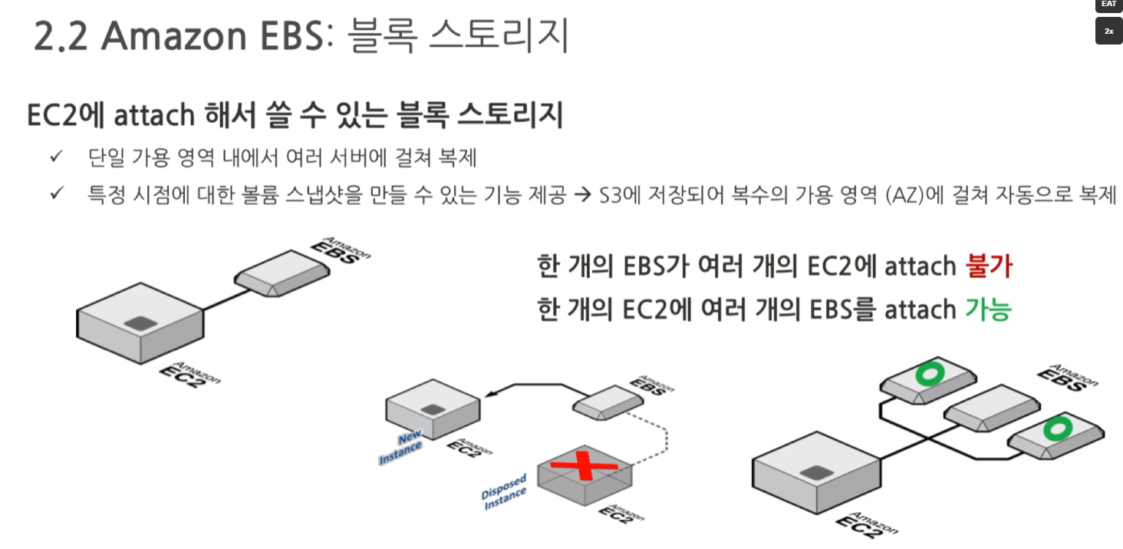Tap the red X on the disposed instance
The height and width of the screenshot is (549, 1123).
pyautogui.click(x=585, y=466)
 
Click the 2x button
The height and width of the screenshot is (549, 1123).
pyautogui.click(x=1108, y=31)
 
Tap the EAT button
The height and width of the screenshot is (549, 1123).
pyautogui.click(x=1108, y=5)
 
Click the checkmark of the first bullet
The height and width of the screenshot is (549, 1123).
pyautogui.click(x=56, y=157)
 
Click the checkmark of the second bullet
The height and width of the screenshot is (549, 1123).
pyautogui.click(x=56, y=194)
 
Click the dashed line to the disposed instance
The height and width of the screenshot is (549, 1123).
pyautogui.click(x=665, y=438)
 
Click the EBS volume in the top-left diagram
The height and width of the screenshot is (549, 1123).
pyautogui.click(x=284, y=275)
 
